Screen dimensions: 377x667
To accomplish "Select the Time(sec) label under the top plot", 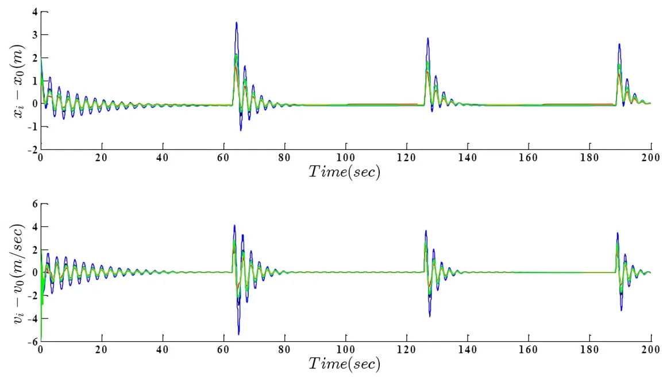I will (345, 171).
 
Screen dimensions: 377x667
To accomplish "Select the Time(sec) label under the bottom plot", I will (345, 363).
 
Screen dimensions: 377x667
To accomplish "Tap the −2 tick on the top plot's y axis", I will (32, 149).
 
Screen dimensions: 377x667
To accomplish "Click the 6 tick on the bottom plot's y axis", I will (34, 204).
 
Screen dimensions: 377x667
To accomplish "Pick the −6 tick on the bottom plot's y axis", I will (32, 341).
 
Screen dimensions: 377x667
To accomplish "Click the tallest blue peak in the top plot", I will (236, 22).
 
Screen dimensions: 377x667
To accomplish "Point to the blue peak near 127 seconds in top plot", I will (427, 39).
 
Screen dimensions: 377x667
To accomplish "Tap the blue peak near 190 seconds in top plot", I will (619, 44).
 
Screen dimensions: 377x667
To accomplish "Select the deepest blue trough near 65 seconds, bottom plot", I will (238, 334).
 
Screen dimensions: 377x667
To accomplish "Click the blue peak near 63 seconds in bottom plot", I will (234, 226).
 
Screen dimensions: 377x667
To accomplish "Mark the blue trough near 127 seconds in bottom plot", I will (429, 316).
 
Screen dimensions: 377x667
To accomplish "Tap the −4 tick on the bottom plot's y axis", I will (32, 318).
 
